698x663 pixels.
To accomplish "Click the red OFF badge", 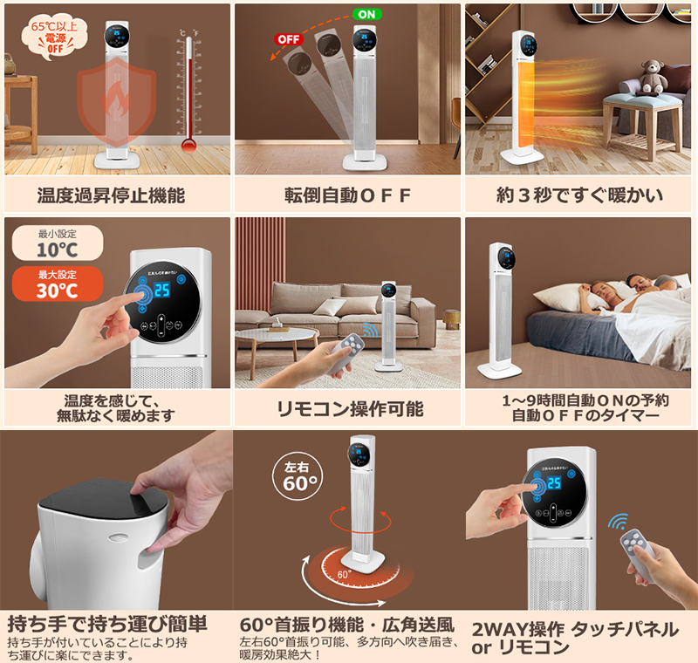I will (288, 38).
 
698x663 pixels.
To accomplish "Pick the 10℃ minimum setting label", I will (53, 244).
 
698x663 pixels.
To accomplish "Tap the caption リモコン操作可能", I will (349, 408).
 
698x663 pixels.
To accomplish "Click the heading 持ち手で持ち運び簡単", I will (107, 624).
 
